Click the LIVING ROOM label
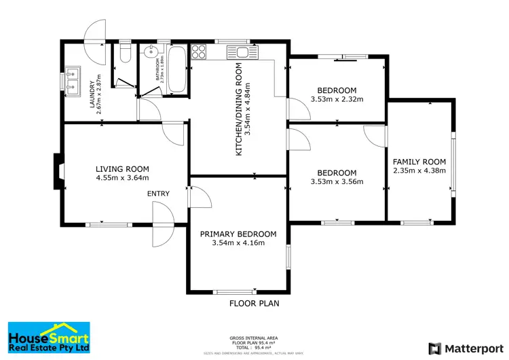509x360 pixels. pyautogui.click(x=122, y=169)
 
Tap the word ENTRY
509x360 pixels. pyautogui.click(x=158, y=194)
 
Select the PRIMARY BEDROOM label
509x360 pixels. pyautogui.click(x=238, y=234)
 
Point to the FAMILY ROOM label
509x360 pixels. pyautogui.click(x=419, y=162)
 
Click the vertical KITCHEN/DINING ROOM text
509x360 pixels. pyautogui.click(x=239, y=109)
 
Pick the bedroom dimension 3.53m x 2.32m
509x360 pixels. pyautogui.click(x=337, y=99)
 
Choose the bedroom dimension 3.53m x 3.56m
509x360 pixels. pyautogui.click(x=337, y=181)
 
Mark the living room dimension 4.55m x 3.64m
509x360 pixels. pyautogui.click(x=122, y=179)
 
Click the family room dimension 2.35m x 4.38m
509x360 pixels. pyautogui.click(x=419, y=170)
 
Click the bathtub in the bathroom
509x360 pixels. pyautogui.click(x=178, y=70)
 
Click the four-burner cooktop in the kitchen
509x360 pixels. pyautogui.click(x=200, y=51)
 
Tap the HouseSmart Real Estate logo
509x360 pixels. pyautogui.click(x=49, y=338)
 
